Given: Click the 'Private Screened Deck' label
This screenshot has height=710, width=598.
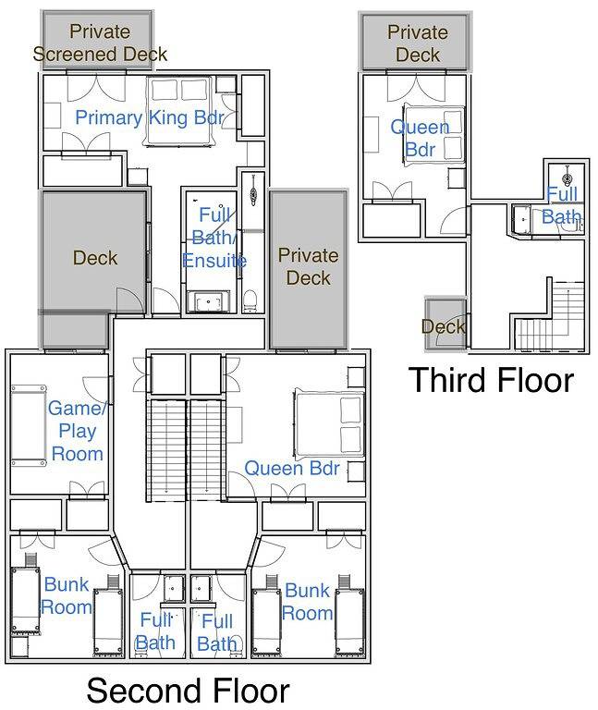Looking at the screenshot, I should tap(100, 43).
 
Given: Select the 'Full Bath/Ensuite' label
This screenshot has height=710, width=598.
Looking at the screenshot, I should tap(214, 238).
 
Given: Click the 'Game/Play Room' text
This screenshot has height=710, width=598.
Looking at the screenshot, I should tap(76, 430).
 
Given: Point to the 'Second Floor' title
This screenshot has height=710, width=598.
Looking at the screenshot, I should tap(188, 691).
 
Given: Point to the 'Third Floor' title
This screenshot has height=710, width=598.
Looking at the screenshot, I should tap(491, 380).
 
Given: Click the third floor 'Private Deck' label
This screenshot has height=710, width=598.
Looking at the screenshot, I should tap(417, 43).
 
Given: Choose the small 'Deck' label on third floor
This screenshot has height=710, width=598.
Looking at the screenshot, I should tap(443, 326).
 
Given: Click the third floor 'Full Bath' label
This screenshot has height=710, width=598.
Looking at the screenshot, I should tap(563, 206).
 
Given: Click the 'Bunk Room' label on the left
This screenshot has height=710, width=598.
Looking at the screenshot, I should tap(67, 595).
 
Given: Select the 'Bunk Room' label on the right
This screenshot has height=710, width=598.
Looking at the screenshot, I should tap(307, 601).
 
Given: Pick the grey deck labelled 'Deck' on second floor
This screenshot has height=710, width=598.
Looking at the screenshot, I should tap(93, 256).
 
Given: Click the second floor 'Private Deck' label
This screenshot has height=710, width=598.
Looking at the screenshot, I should tap(308, 265).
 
